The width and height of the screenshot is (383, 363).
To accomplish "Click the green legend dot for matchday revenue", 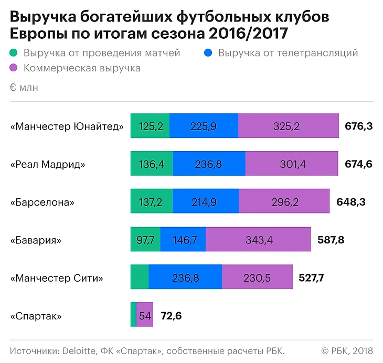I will (x=14, y=53).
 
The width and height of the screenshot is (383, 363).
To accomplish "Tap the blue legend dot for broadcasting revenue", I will (x=209, y=53).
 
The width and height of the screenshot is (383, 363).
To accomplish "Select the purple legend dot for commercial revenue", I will (x=14, y=68).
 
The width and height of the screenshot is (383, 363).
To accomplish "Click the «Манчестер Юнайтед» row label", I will (x=67, y=126).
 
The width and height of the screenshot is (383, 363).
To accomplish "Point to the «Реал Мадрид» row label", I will (x=48, y=164).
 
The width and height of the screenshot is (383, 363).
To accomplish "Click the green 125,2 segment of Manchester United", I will (x=150, y=126).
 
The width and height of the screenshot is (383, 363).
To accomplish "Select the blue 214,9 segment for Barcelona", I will (x=206, y=202).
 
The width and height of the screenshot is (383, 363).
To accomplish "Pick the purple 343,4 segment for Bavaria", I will (x=258, y=240).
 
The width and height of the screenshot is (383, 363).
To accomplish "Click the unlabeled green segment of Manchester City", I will (x=140, y=278).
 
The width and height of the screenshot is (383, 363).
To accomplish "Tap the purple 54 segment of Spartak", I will (x=145, y=316).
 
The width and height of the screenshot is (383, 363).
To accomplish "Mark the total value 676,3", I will (x=359, y=126).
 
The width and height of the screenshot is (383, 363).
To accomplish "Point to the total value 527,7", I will (x=311, y=278).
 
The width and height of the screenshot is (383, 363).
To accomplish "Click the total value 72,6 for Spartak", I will (x=171, y=316).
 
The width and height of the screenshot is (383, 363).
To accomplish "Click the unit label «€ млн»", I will (x=24, y=88).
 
